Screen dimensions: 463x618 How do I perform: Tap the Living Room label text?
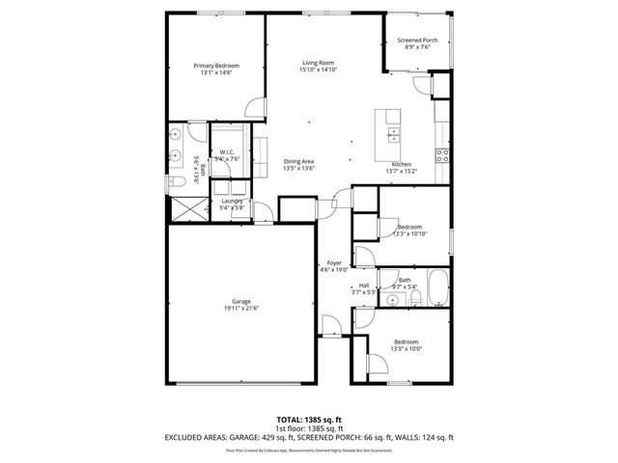(x=318, y=63)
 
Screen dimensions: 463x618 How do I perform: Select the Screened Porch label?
(x=417, y=41)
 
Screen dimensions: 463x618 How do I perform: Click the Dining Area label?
(x=298, y=160)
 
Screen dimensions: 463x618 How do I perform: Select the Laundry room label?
(x=232, y=201)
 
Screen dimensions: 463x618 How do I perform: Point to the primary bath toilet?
(x=175, y=181)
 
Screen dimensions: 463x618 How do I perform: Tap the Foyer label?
(x=334, y=263)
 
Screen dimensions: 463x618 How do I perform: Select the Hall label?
(x=364, y=286)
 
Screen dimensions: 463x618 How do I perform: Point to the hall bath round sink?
(x=393, y=301)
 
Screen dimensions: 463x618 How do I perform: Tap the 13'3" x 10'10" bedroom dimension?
(x=409, y=233)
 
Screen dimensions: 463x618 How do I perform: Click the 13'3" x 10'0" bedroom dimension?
(x=406, y=348)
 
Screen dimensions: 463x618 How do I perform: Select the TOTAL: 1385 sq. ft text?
(x=309, y=420)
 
